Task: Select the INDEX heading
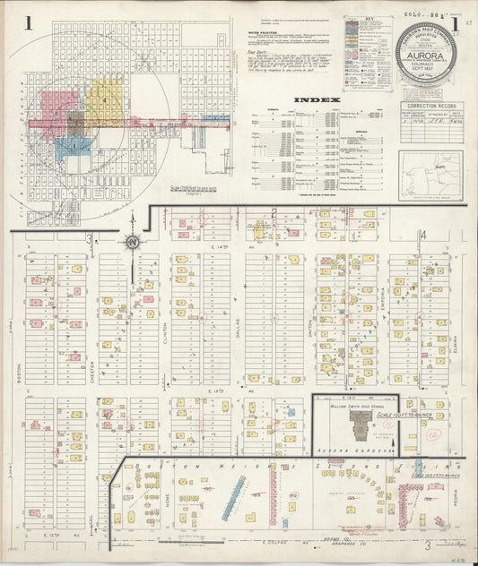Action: (316, 100)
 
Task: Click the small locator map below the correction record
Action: (430, 175)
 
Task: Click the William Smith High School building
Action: (352, 427)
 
